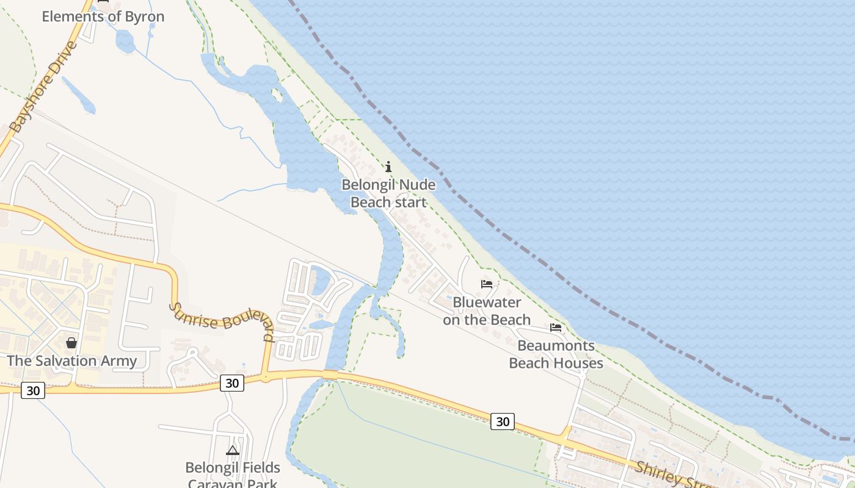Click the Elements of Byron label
click(103, 16)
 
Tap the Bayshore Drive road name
click(44, 87)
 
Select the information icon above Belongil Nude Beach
click(388, 167)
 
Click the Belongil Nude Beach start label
click(388, 193)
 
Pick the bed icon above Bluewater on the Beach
click(487, 284)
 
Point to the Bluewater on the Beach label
click(487, 311)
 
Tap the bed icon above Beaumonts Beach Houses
click(556, 328)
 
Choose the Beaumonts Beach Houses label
click(556, 354)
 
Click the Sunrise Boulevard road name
click(222, 321)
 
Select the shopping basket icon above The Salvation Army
click(71, 343)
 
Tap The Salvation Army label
click(71, 361)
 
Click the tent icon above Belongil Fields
click(232, 451)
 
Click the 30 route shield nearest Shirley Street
click(502, 422)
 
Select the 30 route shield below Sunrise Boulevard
click(231, 383)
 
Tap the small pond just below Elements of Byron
click(125, 41)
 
